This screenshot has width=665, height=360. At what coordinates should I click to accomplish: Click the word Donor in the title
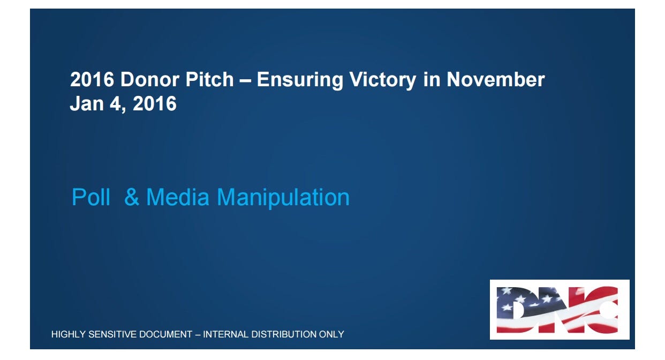pos(150,80)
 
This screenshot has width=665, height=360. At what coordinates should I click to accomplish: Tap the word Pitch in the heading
pos(209,80)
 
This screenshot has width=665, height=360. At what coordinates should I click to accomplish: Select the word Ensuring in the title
pos(300,80)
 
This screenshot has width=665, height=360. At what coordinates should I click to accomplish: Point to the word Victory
pos(383,80)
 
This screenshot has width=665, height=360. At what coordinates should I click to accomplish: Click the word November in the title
pos(496,80)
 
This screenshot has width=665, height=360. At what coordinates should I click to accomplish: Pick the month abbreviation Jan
pos(86,104)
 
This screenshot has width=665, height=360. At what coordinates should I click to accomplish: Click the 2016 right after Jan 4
pos(155,104)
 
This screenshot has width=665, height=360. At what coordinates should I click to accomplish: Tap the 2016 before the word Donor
pos(92,80)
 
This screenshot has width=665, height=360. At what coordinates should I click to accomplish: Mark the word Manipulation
pos(283,198)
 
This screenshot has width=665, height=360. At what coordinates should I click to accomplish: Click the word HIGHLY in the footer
pos(69,334)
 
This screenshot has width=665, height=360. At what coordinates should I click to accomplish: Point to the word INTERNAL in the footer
pos(226,334)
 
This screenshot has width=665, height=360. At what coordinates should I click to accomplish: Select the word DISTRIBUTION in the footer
pos(284,334)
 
